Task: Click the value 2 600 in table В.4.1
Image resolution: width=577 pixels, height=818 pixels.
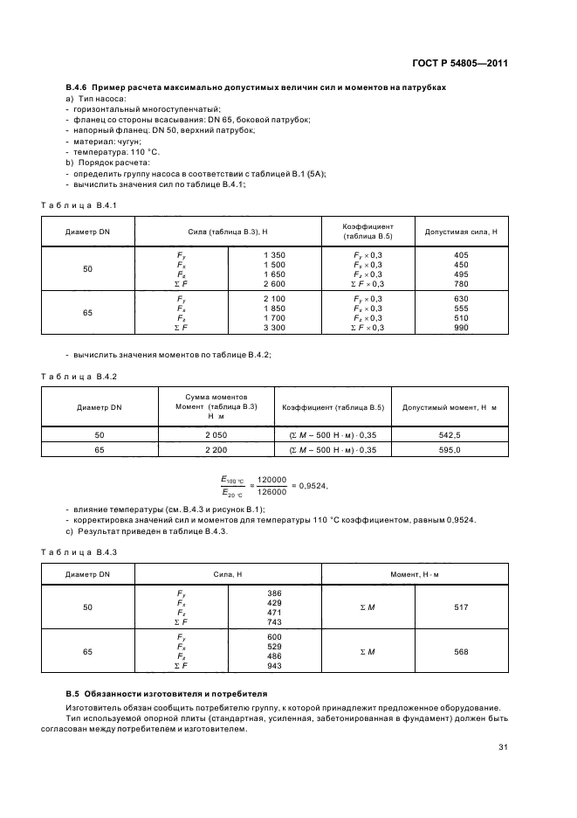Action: pyautogui.click(x=273, y=284)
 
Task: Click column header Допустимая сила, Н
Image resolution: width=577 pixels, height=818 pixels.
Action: pyautogui.click(x=460, y=232)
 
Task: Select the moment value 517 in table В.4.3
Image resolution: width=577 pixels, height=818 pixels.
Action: pyautogui.click(x=461, y=606)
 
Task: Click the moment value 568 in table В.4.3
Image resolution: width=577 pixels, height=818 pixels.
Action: pyautogui.click(x=461, y=652)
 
